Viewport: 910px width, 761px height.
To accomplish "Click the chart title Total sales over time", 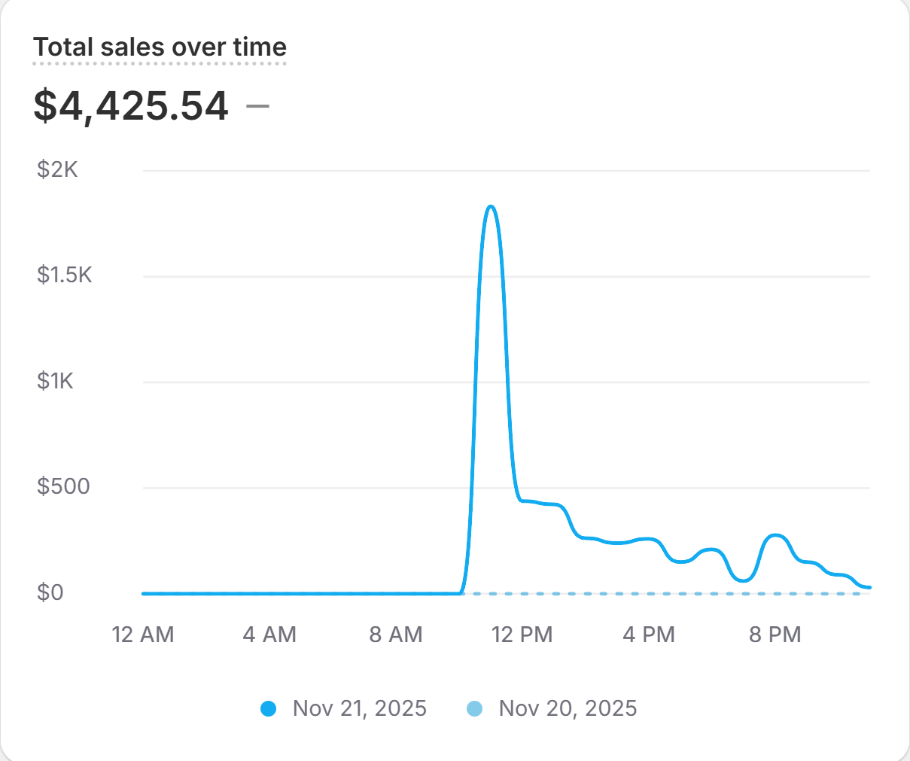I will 160,47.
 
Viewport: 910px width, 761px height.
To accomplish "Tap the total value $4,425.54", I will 131,105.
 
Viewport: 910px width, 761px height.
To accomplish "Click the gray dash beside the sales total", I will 258,106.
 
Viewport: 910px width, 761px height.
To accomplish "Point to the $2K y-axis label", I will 57,169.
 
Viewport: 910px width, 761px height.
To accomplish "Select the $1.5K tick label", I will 65,275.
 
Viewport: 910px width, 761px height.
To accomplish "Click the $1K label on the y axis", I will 56,381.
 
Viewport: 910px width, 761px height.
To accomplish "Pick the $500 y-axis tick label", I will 63,486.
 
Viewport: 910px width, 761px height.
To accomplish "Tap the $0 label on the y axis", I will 50,592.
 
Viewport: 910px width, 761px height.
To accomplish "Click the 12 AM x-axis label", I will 143,635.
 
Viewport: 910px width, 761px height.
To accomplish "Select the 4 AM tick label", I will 269,635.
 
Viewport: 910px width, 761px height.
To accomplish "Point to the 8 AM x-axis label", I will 396,635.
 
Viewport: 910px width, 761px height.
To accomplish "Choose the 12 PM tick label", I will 522,635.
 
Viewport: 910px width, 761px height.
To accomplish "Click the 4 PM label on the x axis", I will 649,635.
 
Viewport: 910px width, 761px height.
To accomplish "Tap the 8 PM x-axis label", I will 775,635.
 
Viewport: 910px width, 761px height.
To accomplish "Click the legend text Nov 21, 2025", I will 360,708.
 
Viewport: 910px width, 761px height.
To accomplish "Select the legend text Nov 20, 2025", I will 568,708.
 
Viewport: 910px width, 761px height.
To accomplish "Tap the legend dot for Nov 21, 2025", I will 268,708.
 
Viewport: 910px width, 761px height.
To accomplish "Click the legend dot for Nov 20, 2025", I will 474,708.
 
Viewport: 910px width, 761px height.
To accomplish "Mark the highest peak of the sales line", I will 491,206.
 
